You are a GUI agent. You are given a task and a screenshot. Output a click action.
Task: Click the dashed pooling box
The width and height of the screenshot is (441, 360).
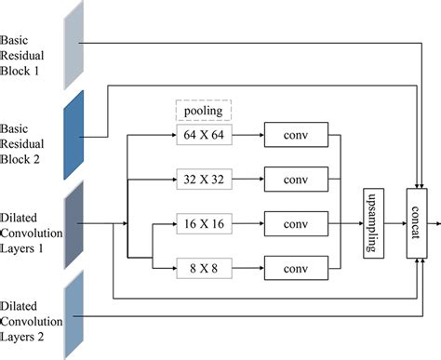203,110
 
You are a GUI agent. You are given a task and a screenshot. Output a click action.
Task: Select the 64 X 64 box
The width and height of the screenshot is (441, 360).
203,136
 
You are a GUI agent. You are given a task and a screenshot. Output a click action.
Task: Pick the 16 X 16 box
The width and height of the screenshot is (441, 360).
203,224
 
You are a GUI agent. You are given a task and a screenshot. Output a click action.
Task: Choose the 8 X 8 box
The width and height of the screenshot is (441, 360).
203,269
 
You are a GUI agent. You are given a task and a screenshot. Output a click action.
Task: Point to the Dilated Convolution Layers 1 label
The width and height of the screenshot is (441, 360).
30,223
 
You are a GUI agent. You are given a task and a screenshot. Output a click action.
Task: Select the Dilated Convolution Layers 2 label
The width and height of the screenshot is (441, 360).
30,316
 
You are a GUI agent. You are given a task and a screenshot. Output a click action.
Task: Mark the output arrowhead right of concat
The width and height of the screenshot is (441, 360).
435,223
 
